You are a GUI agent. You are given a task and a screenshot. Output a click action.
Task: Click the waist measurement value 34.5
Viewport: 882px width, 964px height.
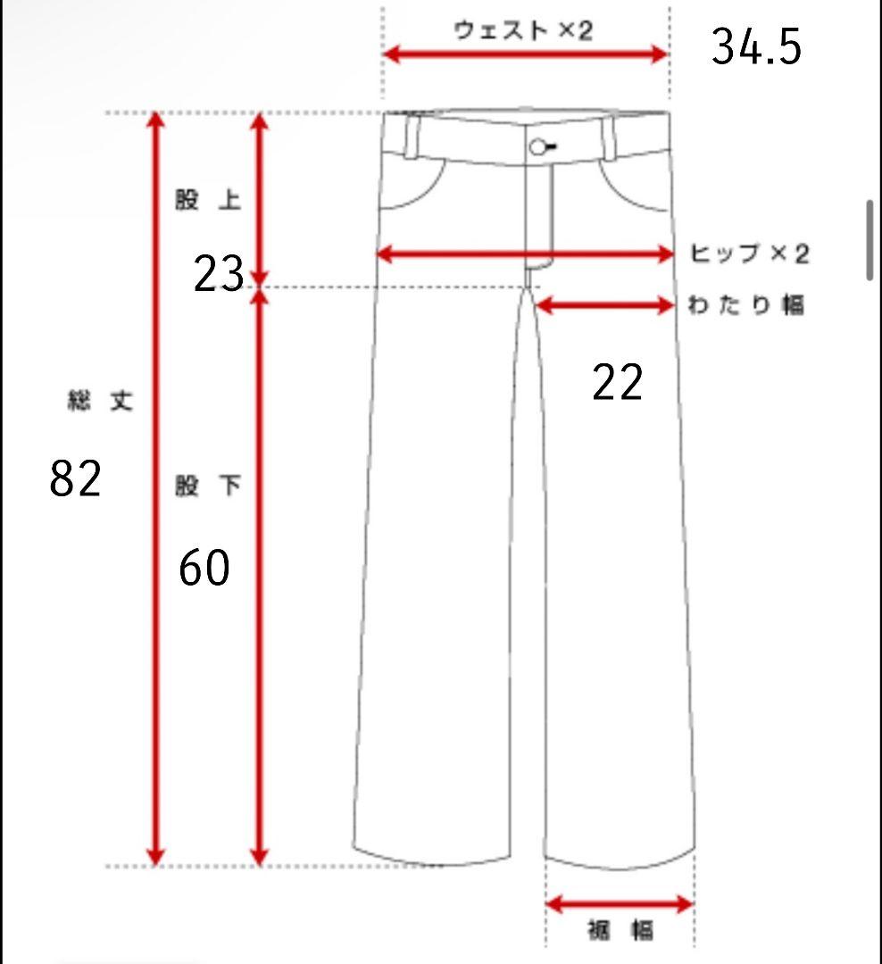click(756, 46)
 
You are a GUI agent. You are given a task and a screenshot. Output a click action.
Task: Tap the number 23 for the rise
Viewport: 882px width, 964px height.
click(219, 274)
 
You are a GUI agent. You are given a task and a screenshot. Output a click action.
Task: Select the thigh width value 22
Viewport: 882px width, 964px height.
click(617, 382)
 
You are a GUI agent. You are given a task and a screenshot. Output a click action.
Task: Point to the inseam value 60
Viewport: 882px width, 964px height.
click(204, 567)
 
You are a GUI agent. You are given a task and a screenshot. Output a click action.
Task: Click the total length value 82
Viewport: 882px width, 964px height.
click(75, 478)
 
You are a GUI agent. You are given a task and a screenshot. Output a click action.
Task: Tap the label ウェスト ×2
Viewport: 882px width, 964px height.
click(523, 30)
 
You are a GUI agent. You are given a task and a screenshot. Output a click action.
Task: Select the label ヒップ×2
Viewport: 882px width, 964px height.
click(749, 253)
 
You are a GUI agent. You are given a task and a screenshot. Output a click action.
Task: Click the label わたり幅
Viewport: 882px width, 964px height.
click(745, 305)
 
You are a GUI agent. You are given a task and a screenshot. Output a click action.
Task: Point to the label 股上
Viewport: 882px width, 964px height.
click(208, 200)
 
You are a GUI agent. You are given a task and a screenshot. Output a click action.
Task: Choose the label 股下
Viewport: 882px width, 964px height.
click(208, 485)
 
